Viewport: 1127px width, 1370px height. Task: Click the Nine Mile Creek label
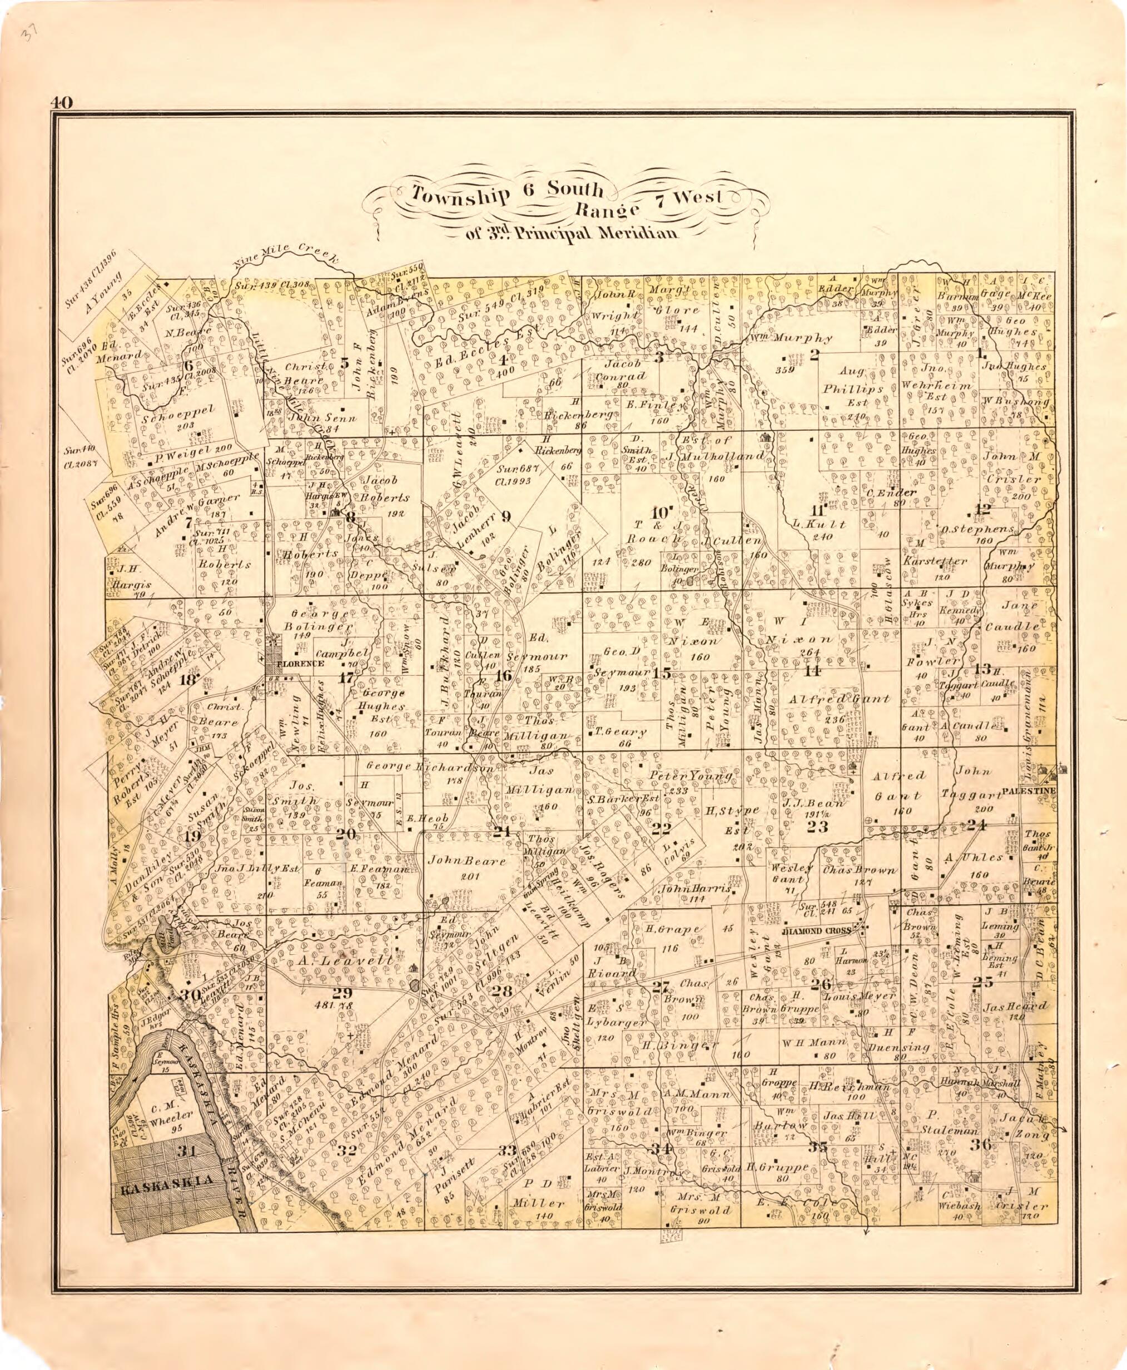[x=286, y=256]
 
